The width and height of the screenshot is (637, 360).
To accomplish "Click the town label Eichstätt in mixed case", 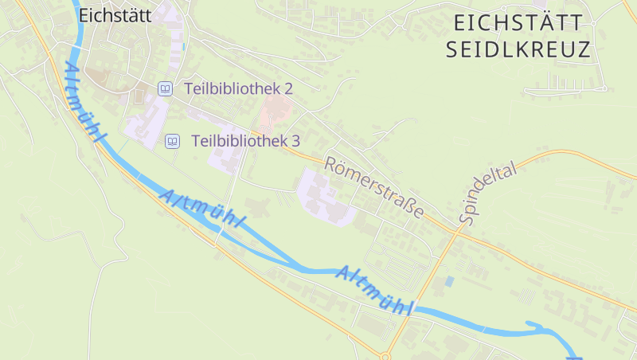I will pos(115,14).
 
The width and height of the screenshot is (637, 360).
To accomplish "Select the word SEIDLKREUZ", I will pos(518,49).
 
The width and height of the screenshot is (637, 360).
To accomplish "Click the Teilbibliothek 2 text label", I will pos(239,88).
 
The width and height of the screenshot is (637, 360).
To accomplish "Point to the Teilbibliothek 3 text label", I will pos(245,141).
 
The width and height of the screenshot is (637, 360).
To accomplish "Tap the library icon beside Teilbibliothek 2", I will pos(165,88).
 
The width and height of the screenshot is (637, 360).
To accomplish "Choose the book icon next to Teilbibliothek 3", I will pos(172,141).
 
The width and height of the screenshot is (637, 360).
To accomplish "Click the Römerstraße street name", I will pos(373,187).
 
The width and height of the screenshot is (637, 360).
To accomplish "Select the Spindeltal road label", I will pos(487,193).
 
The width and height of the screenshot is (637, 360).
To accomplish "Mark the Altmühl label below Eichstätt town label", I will pos(85,103).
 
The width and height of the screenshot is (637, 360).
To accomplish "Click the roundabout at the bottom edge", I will pos(385,355).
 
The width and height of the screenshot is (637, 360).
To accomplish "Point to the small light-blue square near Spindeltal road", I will pos(450,281).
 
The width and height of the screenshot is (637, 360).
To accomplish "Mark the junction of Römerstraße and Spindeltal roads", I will pos(459,229).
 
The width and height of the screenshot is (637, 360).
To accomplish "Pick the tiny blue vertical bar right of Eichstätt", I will pos(183,46).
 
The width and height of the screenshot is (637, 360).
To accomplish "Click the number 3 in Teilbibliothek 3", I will pos(295,141).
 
